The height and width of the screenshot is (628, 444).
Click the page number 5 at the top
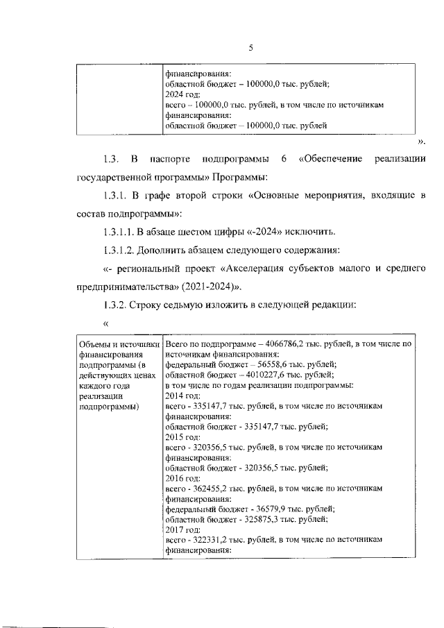(x=251, y=48)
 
